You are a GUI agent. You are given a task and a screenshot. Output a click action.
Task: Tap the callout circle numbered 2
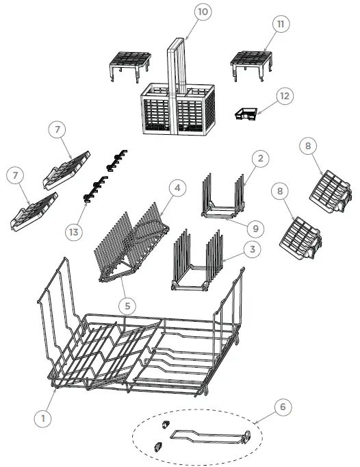point(259,158)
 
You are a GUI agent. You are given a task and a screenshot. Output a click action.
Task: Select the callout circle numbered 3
point(253,250)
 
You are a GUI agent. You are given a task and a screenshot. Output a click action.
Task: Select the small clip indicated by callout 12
point(244,114)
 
